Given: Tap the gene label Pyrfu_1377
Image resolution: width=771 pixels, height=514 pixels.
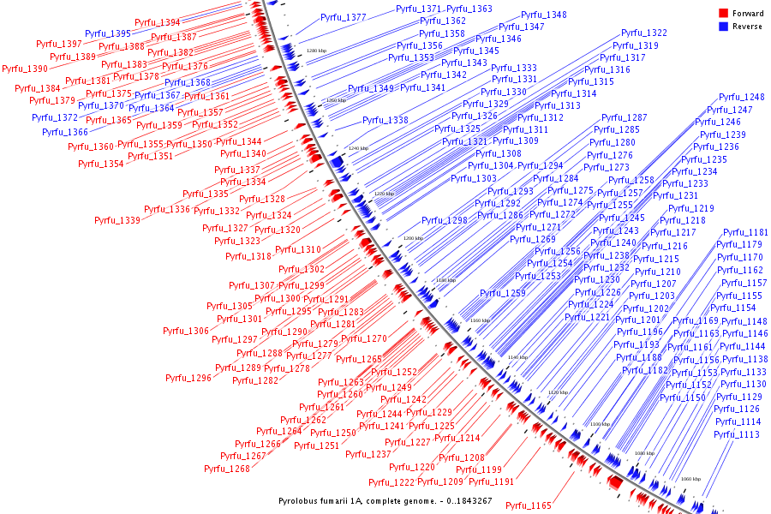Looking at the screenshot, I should [344, 17].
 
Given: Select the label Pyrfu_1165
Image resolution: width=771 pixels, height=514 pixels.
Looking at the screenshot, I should [529, 505].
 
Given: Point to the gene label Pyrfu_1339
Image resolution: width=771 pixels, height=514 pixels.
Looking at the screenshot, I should [117, 220].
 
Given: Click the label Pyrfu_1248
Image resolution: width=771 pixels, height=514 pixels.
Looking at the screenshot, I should [742, 97].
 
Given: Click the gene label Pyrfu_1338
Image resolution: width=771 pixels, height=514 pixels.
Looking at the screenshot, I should [385, 120].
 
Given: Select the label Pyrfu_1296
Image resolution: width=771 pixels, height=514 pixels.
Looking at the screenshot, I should [188, 377].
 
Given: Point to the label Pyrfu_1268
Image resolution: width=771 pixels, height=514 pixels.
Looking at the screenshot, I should [227, 469].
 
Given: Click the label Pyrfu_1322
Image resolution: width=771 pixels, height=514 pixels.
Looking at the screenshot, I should [644, 33].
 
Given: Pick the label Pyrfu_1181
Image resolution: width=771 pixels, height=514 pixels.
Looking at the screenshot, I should [745, 232].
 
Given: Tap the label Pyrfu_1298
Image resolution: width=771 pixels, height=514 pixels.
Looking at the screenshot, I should [445, 220].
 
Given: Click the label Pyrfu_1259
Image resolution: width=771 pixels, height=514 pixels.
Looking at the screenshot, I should [503, 293].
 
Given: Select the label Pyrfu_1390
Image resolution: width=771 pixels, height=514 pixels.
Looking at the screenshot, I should [25, 69].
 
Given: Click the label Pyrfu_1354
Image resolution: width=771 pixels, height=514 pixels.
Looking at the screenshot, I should [101, 164].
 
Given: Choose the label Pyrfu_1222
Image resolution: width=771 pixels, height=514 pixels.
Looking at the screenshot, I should [391, 481].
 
